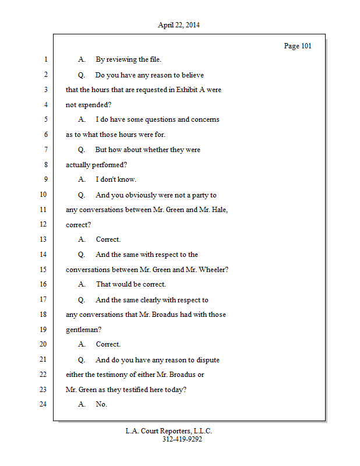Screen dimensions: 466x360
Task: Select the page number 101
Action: coord(306,46)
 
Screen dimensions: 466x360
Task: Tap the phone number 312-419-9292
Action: coord(182,440)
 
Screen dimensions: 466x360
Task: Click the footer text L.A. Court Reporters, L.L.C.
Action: coord(168,431)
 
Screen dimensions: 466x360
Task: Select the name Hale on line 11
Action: coord(218,210)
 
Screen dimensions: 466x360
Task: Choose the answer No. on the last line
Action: coord(101,404)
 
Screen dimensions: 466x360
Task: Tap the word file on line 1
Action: coord(153,59)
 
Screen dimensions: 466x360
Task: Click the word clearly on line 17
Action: coord(153,300)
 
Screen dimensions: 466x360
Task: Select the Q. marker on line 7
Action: coord(82,150)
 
